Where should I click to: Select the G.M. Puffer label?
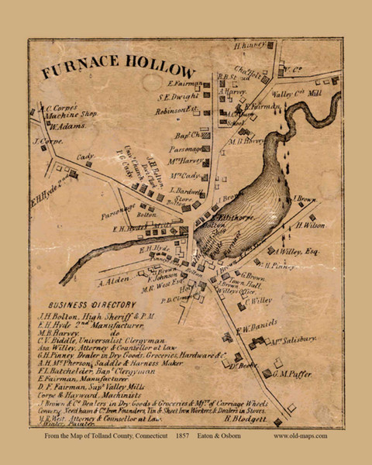[294, 374]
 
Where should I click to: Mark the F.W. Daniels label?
[256, 323]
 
